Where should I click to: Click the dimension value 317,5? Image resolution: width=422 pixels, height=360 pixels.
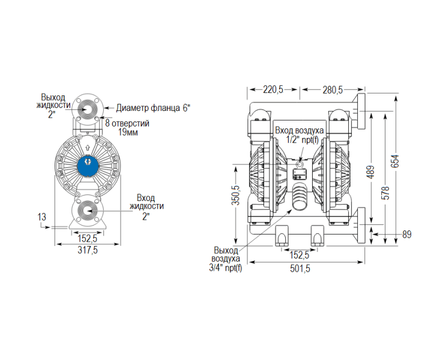tap(88, 251)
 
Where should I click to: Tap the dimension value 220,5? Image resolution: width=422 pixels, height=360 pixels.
tap(273, 90)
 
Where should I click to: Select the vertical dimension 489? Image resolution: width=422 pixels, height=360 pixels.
tap(370, 173)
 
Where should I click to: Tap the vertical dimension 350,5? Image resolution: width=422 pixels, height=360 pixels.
tap(236, 195)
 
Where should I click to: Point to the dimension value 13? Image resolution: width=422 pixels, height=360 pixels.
tap(41, 217)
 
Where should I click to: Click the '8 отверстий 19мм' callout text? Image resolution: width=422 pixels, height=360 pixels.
tap(127, 127)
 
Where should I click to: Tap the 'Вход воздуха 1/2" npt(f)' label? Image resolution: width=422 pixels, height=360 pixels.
tap(300, 135)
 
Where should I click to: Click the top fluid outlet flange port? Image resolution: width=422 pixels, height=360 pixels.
tap(88, 109)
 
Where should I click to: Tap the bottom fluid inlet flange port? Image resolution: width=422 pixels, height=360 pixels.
tap(88, 211)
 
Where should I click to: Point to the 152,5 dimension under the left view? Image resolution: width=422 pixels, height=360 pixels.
tap(88, 238)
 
